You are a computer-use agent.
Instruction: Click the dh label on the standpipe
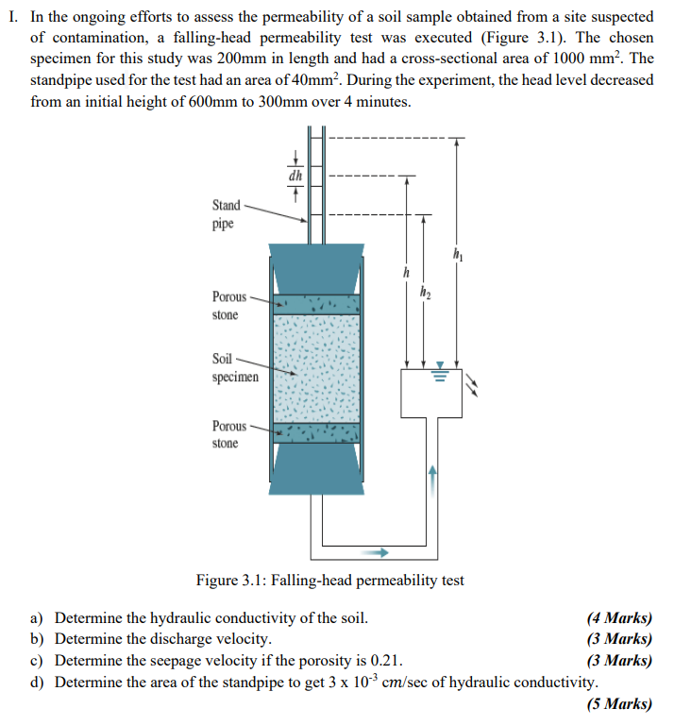[x=295, y=175]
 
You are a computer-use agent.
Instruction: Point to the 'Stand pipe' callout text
[x=227, y=215]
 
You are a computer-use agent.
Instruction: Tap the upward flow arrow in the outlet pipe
[x=434, y=475]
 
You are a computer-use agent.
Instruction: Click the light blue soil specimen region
[x=316, y=368]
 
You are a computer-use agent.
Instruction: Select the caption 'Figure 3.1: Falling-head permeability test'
[x=329, y=580]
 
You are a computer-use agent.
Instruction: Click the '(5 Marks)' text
[x=619, y=703]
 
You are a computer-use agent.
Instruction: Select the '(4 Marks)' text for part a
[x=619, y=619]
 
